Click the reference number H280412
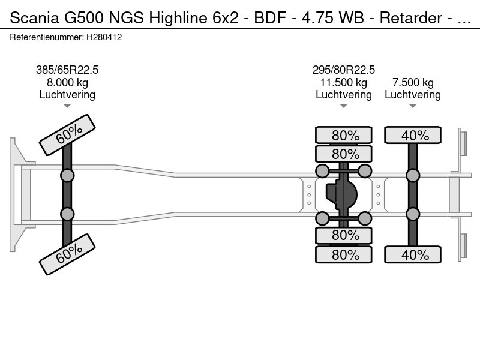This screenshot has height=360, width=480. coord(104,37)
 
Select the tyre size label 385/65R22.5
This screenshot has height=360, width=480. coord(67,70)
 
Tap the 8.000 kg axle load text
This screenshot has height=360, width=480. coord(67,82)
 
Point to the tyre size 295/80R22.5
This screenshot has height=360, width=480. coord(343,70)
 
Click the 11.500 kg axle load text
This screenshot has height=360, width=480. coord(343,82)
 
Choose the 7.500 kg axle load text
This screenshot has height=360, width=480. coord(413,82)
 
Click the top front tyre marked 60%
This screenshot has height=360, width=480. coord(67,135)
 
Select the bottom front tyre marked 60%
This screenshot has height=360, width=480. coord(67,254)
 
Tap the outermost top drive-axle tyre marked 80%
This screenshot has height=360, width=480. coord(343,135)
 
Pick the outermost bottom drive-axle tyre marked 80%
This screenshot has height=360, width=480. coord(343,254)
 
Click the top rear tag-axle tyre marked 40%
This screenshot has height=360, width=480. coord(413,135)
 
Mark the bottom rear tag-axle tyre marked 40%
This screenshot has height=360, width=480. coord(413,254)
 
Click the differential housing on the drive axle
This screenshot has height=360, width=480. coord(341,194)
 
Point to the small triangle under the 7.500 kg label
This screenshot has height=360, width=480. coord(413,106)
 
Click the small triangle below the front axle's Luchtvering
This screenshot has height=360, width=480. coord(67,106)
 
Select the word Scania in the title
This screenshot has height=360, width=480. coord(34,18)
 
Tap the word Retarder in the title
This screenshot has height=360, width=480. coord(411,18)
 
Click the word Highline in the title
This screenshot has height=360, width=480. coord(178,18)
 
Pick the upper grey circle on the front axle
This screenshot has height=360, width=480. coord(67,176)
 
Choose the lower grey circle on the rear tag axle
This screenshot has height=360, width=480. coord(413,214)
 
